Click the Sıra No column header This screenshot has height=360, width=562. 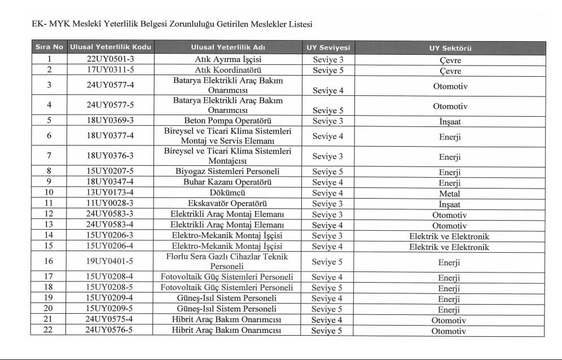click(49, 48)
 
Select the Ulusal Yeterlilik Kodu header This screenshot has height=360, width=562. click(110, 48)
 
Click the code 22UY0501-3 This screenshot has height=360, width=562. click(110, 59)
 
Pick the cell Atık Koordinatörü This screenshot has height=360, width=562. click(228, 70)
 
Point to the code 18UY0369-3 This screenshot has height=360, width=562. click(110, 120)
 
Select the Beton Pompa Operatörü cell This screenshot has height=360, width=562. click(228, 120)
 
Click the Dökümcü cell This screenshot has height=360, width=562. click(228, 193)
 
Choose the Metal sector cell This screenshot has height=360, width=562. click(450, 193)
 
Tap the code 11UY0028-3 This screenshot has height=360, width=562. click(110, 204)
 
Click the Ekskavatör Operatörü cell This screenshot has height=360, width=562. click(228, 204)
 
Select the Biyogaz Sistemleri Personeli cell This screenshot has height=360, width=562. click(228, 172)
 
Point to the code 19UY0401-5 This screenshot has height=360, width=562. click(110, 262)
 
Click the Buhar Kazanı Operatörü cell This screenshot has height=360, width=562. click(228, 182)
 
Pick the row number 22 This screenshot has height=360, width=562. click(49, 330)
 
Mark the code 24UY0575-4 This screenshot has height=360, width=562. click(110, 319)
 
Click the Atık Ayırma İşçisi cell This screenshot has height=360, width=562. click(228, 59)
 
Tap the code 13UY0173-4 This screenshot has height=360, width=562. click(110, 193)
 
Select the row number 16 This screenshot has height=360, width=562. click(49, 262)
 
